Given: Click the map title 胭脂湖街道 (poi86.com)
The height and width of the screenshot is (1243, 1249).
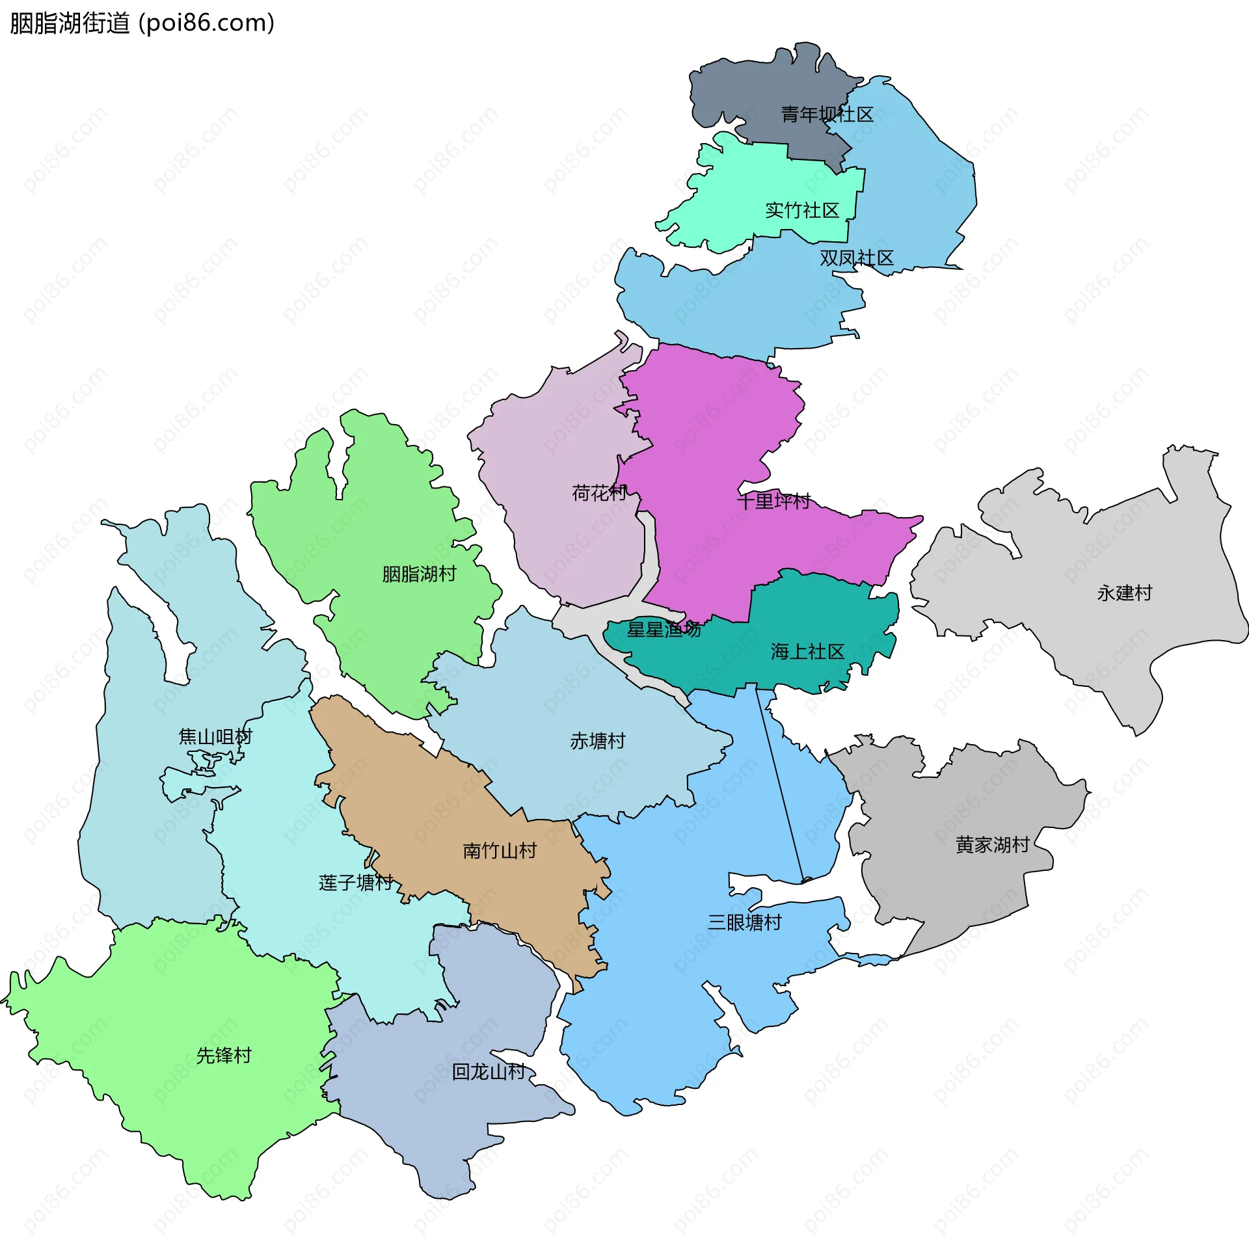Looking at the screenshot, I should (142, 23).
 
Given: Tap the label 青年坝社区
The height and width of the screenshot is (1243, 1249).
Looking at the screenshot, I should (827, 115).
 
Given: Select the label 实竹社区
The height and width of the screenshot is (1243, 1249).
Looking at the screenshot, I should (802, 211).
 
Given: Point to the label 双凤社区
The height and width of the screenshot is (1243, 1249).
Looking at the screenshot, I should (856, 259).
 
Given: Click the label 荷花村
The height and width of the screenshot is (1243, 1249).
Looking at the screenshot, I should (599, 493).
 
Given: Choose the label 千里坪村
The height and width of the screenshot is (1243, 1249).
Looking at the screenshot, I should (773, 501).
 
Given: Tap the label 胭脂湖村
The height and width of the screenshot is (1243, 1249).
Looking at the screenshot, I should (419, 574).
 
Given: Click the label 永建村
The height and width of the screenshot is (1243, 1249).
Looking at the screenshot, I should (1124, 593).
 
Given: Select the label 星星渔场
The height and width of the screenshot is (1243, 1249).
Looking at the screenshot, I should (664, 630).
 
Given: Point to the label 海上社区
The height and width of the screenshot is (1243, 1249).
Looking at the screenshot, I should (807, 652).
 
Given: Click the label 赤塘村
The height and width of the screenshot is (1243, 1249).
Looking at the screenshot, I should (597, 741).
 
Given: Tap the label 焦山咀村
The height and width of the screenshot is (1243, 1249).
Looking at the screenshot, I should (215, 737).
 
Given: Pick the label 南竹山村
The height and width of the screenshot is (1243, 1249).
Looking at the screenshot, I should (500, 851).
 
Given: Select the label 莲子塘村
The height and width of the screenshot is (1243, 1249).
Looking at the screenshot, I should (356, 883).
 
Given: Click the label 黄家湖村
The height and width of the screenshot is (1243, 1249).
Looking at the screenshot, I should (992, 845).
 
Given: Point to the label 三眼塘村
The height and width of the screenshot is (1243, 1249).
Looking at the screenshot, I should (744, 922).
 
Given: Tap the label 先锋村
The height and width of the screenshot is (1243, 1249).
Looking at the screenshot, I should (224, 1056).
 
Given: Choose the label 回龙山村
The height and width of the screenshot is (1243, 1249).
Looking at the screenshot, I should (489, 1072).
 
